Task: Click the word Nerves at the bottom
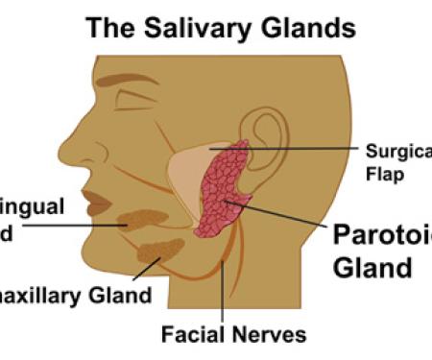[274, 335]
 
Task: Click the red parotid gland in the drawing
[224, 192]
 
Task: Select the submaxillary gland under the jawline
[161, 252]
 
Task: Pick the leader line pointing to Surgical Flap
[307, 149]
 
